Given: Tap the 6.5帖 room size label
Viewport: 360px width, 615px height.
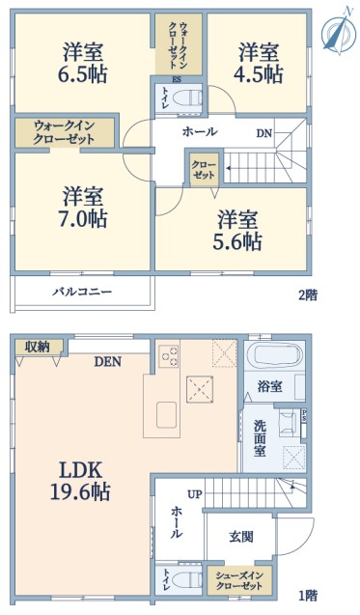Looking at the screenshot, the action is (83, 73).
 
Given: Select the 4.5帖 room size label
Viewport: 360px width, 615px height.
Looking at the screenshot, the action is (259, 73).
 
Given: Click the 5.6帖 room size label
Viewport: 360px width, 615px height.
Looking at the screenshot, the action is (237, 240).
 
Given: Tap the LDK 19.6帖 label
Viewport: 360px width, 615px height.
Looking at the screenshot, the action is (80, 480).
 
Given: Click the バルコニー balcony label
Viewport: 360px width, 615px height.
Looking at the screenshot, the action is (83, 292).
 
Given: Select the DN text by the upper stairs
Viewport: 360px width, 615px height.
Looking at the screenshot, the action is (264, 134).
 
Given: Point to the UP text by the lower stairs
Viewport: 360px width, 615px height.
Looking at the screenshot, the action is (195, 494).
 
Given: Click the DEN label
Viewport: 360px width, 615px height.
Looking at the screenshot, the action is (108, 362).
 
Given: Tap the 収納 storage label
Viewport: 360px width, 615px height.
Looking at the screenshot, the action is (38, 347).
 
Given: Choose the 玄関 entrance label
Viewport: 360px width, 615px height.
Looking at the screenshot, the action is (241, 537).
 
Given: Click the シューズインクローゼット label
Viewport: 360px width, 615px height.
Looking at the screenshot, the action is (239, 581).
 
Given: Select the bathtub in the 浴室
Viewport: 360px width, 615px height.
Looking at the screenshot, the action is (273, 353).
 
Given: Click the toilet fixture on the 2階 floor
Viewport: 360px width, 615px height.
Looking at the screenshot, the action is (186, 98).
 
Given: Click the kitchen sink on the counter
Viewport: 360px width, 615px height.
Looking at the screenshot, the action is (168, 415).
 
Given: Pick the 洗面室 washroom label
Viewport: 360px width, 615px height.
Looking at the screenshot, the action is (260, 438).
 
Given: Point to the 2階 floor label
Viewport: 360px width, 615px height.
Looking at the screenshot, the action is (308, 295).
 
